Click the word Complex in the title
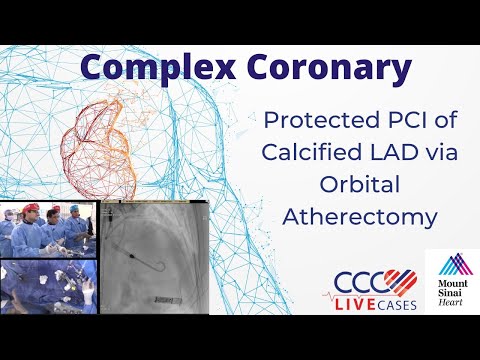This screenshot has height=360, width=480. (x=150, y=68)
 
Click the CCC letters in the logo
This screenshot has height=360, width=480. (x=352, y=279)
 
